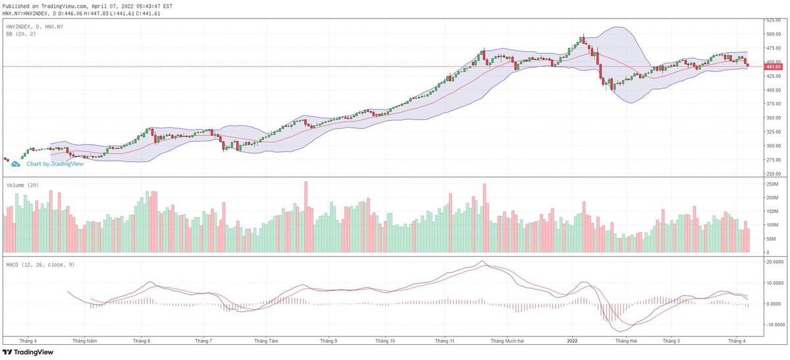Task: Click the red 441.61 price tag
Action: point(773,67)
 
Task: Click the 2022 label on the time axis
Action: point(572,341)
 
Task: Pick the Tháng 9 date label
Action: point(329,341)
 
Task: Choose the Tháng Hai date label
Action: point(625,341)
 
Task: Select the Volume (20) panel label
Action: point(22,186)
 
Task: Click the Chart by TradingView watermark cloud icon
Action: point(15,163)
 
